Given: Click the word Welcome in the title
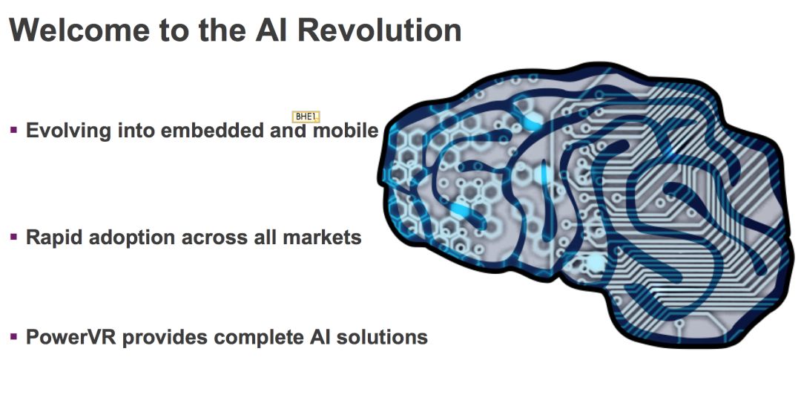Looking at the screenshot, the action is click(79, 30).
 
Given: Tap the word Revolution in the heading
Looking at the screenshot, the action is click(378, 30).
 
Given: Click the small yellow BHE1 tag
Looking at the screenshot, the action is click(306, 117).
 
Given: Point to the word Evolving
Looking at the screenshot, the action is click(68, 131).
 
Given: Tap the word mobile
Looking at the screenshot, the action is click(346, 131).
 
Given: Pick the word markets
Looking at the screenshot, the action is click(323, 238).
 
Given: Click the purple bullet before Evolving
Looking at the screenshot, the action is click(14, 130).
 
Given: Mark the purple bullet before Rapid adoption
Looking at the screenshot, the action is click(14, 237).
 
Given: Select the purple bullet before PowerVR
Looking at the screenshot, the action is click(14, 336).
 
